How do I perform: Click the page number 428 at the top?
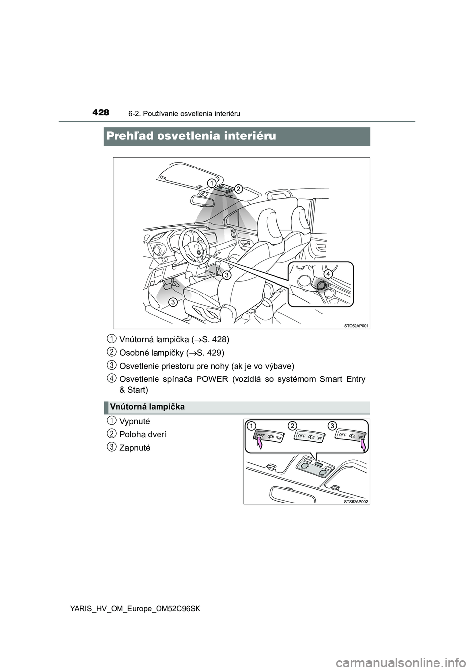click(x=101, y=113)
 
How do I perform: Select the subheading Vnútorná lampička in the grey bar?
click(x=147, y=407)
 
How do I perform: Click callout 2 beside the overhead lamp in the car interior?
click(x=238, y=188)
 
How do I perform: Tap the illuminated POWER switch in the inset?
click(x=321, y=285)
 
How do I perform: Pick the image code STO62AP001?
click(x=355, y=325)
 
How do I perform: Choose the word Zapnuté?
click(x=134, y=447)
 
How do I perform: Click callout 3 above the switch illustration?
click(x=333, y=425)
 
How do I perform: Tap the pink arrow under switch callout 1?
click(x=261, y=447)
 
